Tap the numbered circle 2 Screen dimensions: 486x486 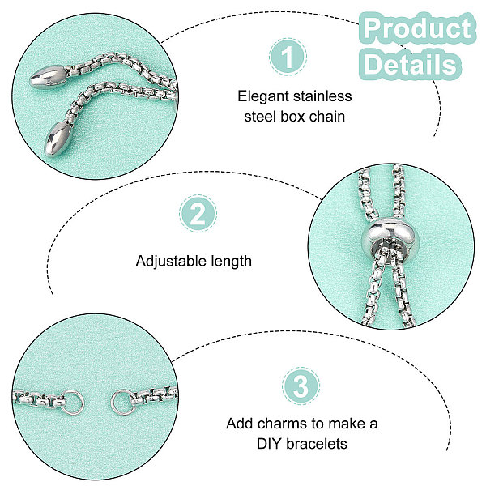coord(198,216)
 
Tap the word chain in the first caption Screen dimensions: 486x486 coord(329,116)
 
